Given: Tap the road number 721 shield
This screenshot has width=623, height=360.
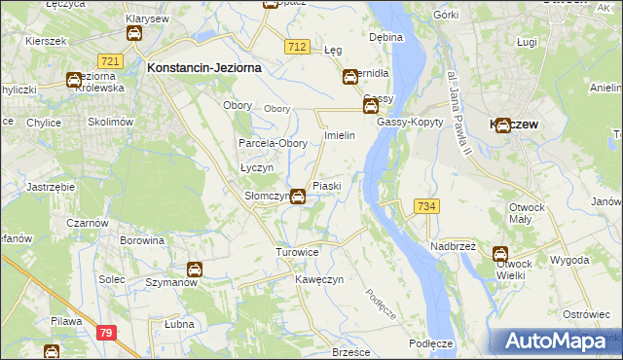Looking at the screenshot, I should click(110, 61).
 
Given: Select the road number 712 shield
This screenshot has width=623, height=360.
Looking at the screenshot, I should click(298, 47).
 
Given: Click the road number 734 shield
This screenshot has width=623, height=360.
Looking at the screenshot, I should click(426, 206).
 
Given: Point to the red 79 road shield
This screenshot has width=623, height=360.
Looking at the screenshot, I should click(106, 333).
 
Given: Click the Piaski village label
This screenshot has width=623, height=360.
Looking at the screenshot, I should click(326, 186).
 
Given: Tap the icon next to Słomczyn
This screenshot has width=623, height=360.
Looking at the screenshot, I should click(298, 197).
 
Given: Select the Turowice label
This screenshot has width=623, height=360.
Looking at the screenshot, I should click(298, 252).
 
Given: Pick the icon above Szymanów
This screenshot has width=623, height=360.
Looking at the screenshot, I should click(195, 270).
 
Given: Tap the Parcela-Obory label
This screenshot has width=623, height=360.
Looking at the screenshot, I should click(274, 143).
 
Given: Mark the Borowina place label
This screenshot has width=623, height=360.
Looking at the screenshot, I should click(140, 239).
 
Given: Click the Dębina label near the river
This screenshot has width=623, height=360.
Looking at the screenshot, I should click(386, 37).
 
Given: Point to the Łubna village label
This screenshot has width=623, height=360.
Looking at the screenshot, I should click(179, 324).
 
